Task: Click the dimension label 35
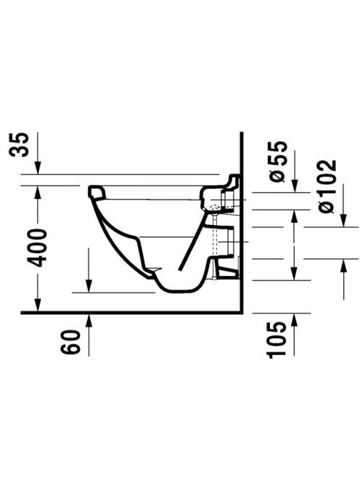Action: click(x=19, y=144)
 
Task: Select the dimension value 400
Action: click(x=36, y=248)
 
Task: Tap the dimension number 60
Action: click(x=70, y=342)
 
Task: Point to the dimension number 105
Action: click(x=277, y=340)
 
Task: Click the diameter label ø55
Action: click(x=277, y=161)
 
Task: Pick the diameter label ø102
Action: click(x=327, y=187)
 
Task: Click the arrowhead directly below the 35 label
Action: click(x=38, y=168)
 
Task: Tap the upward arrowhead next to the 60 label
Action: click(x=89, y=319)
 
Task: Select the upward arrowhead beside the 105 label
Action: click(x=294, y=319)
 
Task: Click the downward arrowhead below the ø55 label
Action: click(x=294, y=186)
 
